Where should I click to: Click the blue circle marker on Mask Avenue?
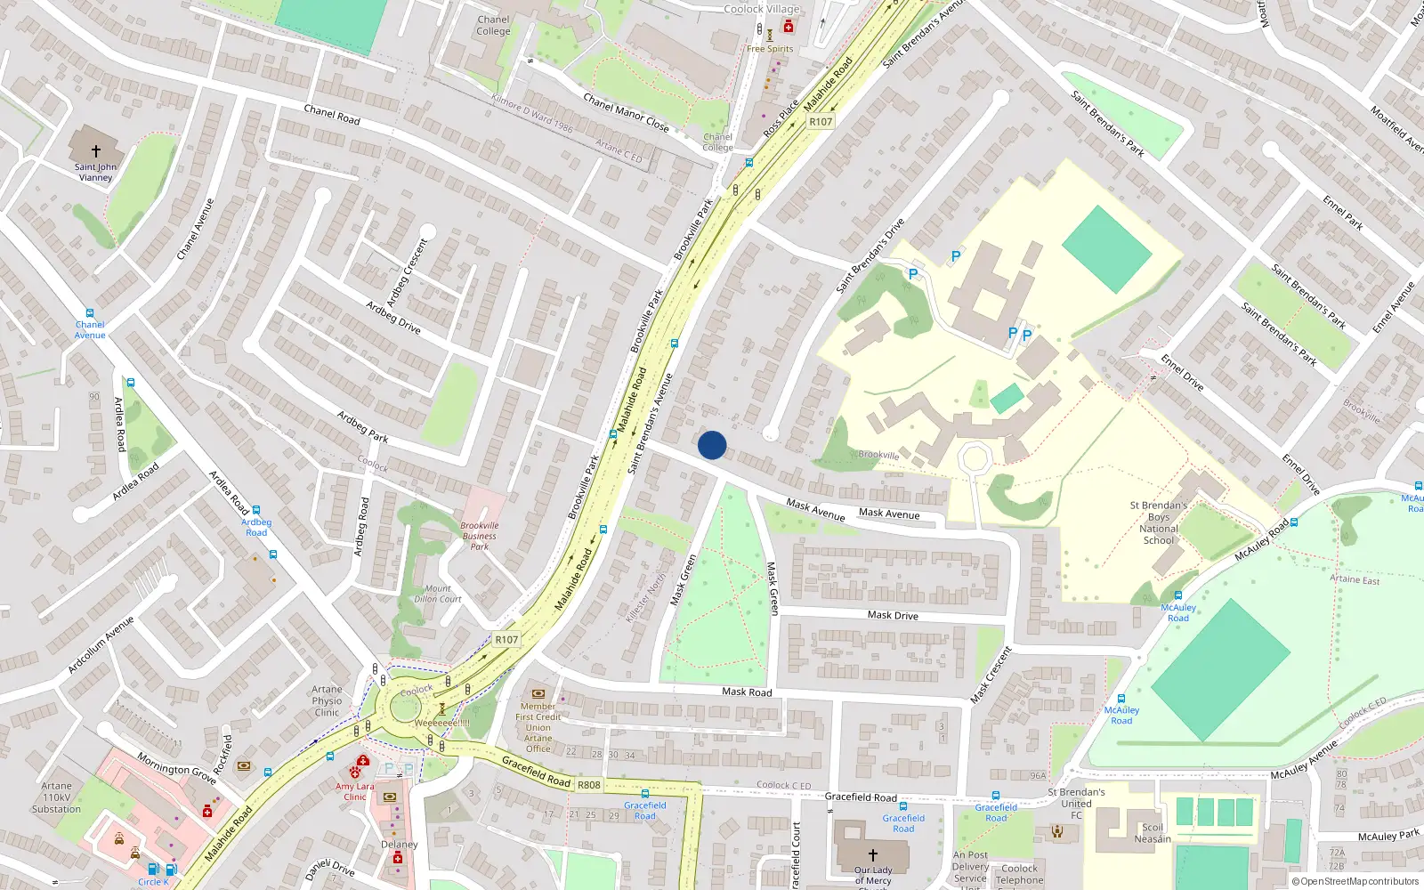[x=712, y=445]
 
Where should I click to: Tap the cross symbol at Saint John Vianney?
[x=96, y=151]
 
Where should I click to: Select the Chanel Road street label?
[x=332, y=114]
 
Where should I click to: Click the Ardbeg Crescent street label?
[x=407, y=273]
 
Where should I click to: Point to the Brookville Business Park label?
[x=479, y=536]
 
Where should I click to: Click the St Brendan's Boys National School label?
[x=1159, y=522]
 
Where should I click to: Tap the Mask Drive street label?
[x=893, y=615]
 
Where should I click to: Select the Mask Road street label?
[x=747, y=692]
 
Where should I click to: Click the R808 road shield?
[x=588, y=785]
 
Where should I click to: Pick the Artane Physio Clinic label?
[x=327, y=701]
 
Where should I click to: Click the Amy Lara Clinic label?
[x=355, y=791]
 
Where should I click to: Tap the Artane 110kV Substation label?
[x=56, y=797]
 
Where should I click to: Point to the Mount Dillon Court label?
[x=438, y=594]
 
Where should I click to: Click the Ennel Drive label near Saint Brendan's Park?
[x=1182, y=372]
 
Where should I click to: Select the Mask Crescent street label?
[x=991, y=675]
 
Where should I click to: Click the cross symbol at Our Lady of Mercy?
[x=873, y=854]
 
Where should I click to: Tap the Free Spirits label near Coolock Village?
[x=770, y=49]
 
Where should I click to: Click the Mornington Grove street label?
[x=176, y=768]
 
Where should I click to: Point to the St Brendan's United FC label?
[x=1076, y=803]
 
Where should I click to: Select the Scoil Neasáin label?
[x=1153, y=833]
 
